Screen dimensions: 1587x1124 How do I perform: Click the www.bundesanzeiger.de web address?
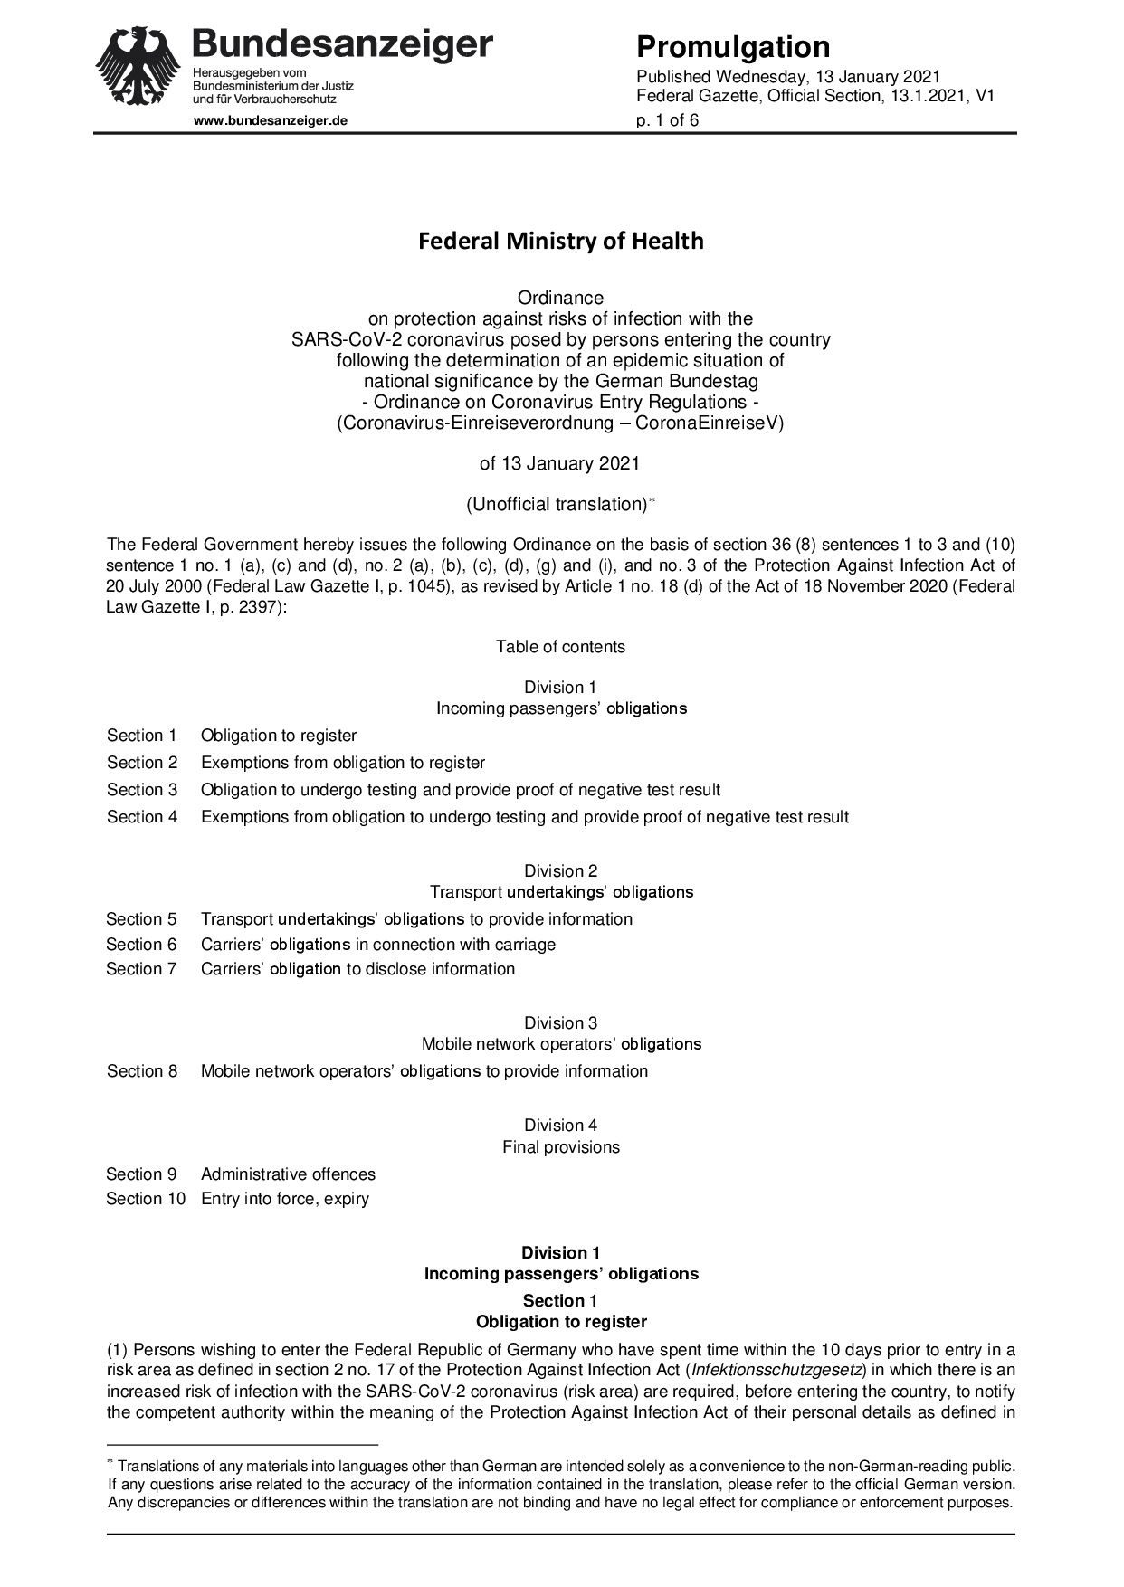click(x=271, y=120)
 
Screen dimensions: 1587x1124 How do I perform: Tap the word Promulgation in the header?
click(x=732, y=47)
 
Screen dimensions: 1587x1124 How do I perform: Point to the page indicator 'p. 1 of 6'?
click(x=667, y=119)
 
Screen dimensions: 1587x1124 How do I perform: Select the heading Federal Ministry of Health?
click(x=560, y=241)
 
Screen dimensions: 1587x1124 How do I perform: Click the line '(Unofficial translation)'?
click(x=560, y=505)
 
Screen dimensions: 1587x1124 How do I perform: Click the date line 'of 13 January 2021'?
click(x=559, y=463)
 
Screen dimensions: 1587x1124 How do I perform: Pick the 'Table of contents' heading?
click(x=560, y=646)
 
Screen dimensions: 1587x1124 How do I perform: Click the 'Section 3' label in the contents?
click(x=142, y=790)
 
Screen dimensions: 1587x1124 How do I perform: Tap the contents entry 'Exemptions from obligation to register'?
click(x=343, y=763)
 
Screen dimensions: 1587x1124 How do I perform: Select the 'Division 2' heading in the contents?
click(x=560, y=870)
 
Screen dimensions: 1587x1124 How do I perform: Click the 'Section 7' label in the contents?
click(x=141, y=969)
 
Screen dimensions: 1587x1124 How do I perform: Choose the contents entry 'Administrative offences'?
click(x=288, y=1174)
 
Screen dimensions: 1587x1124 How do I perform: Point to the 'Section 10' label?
click(x=146, y=1199)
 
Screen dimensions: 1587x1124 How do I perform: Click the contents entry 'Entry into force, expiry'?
click(x=285, y=1199)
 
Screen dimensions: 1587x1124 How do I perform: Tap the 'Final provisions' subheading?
click(x=561, y=1147)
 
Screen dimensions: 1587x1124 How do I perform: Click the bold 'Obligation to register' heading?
click(x=561, y=1322)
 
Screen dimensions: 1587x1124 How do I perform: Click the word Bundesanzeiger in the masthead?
click(x=343, y=43)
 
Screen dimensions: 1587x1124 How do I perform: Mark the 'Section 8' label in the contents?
click(x=142, y=1071)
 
